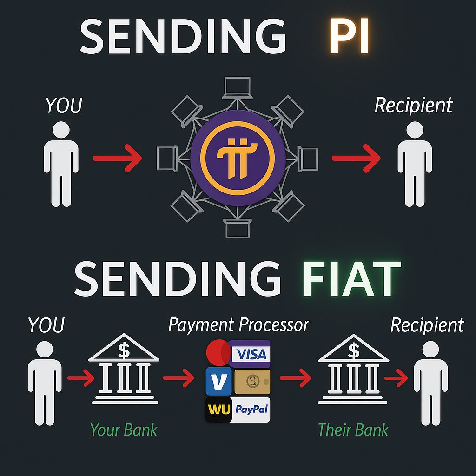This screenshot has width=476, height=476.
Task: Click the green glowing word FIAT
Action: click(x=352, y=279)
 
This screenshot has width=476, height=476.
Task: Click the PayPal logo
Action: click(x=251, y=410)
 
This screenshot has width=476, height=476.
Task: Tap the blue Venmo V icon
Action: click(x=218, y=382)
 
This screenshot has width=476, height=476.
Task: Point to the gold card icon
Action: click(x=252, y=382)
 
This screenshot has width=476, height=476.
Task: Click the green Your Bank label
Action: click(x=124, y=430)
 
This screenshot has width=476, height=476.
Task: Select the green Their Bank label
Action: click(x=353, y=430)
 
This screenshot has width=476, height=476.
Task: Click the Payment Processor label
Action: click(x=238, y=325)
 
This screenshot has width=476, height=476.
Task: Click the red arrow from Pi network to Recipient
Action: click(x=356, y=159)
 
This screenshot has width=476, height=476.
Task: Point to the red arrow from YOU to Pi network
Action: click(x=117, y=159)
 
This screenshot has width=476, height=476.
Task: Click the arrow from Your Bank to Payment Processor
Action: click(x=178, y=378)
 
